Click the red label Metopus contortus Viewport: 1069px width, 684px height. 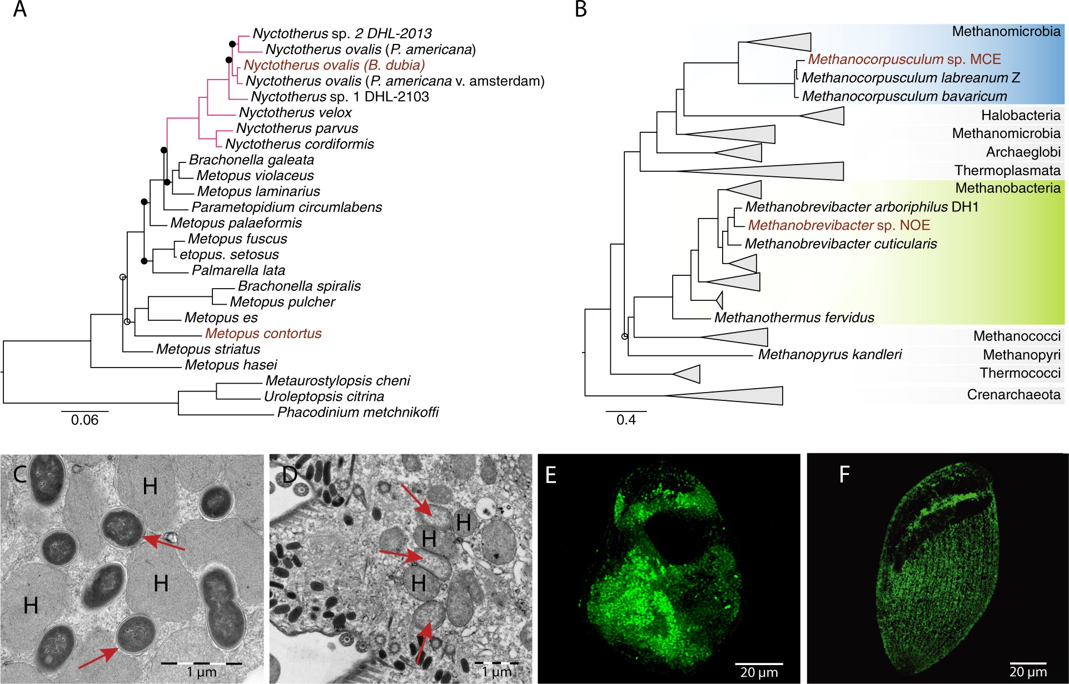click(263, 334)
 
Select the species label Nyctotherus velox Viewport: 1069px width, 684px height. click(295, 113)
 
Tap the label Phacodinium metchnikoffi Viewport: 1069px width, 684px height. click(357, 413)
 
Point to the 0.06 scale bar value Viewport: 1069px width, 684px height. click(84, 420)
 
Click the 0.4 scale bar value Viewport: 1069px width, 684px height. click(626, 420)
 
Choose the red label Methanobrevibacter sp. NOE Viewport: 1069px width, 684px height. click(838, 225)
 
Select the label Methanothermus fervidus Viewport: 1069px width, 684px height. click(794, 318)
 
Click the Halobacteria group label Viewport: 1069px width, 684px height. click(1020, 116)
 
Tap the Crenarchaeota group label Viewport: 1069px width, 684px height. click(1013, 395)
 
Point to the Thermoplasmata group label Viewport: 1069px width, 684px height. click(1007, 171)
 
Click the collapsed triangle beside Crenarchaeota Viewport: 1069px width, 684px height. click(739, 396)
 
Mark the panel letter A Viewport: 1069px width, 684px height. click(20, 9)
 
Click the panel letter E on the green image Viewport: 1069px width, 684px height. click(551, 475)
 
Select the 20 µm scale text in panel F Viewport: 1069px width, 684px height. click(1028, 672)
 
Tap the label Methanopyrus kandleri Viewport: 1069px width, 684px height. click(829, 355)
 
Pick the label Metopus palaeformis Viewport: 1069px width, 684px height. click(236, 223)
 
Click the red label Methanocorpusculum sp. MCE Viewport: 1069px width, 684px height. click(904, 60)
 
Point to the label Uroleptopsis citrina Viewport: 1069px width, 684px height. click(324, 396)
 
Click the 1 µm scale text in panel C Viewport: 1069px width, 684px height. click(201, 672)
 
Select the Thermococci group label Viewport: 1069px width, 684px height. click(1020, 373)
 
